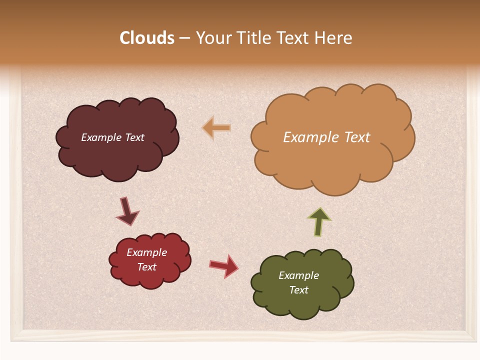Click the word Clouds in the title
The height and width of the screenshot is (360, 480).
pos(147,38)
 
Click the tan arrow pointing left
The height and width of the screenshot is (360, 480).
pos(216,128)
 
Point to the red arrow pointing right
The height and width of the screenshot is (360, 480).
pos(223,265)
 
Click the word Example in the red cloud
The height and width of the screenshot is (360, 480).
pos(147,252)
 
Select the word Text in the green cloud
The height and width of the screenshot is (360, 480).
pos(299,290)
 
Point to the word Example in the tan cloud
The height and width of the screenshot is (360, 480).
pos(311,137)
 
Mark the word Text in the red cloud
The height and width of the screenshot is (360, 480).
pos(147,267)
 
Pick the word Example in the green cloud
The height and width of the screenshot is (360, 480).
pos(299,275)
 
